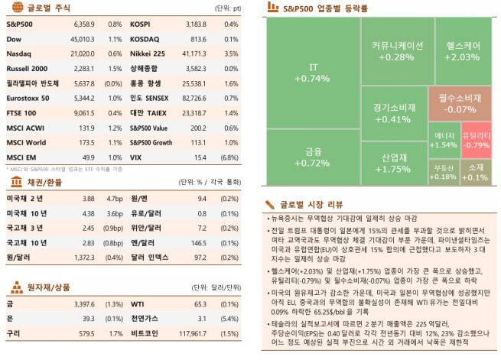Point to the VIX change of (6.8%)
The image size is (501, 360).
[x=228, y=157]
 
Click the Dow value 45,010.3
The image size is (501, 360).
[x=82, y=40]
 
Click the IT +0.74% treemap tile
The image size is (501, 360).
[x=312, y=73]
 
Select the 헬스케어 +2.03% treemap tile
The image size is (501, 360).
[x=462, y=51]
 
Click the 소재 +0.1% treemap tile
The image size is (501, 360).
[x=475, y=172]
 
